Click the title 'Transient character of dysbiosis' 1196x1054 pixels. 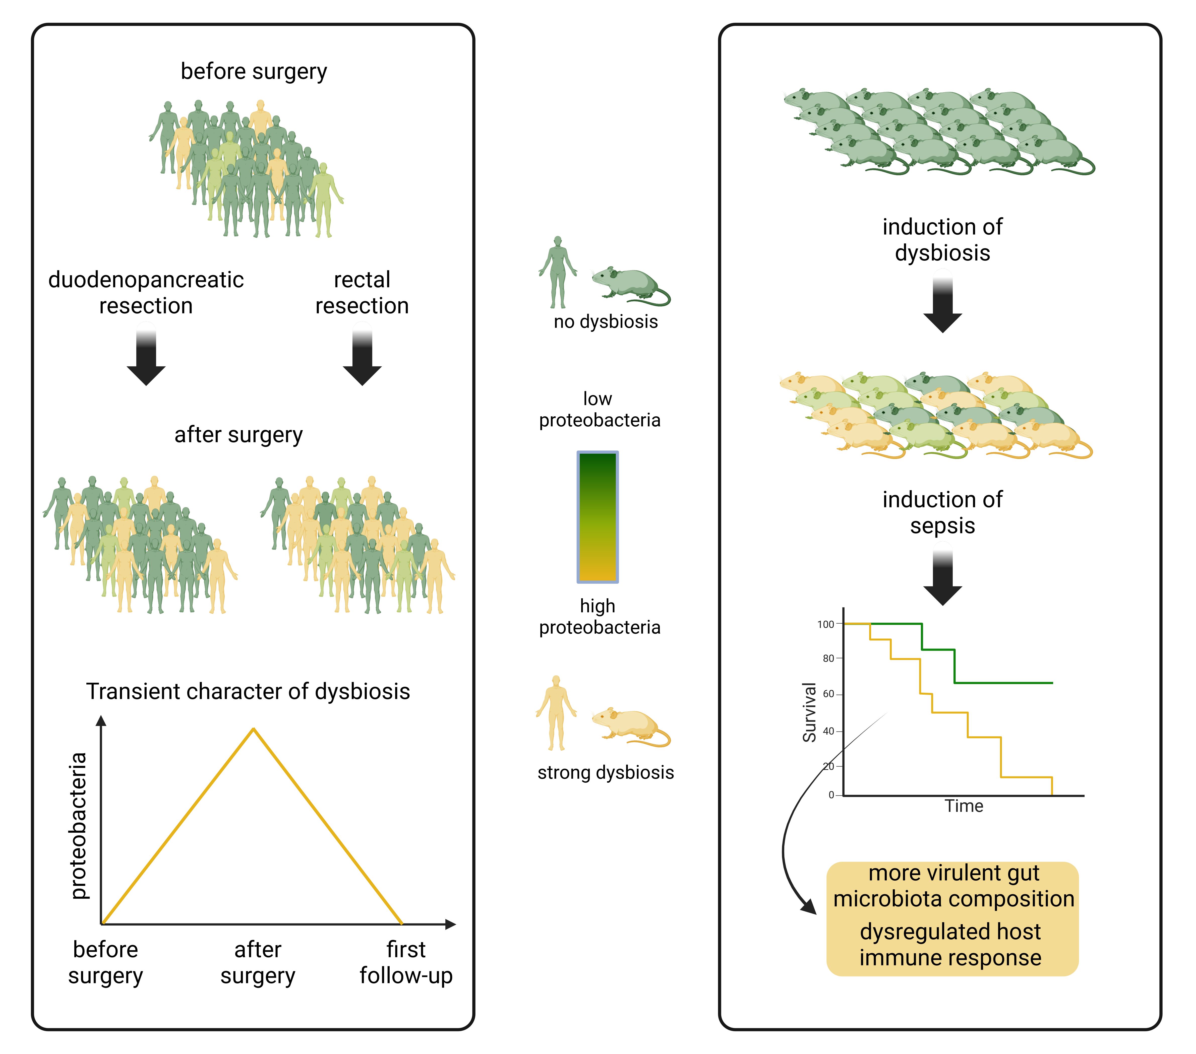248,691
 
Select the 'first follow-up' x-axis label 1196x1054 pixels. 406,963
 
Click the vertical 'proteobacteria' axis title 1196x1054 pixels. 78,826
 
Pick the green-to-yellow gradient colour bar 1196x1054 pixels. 597,517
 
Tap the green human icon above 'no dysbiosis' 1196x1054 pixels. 558,273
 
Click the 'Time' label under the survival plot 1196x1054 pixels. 964,806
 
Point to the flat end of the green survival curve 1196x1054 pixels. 1052,683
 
